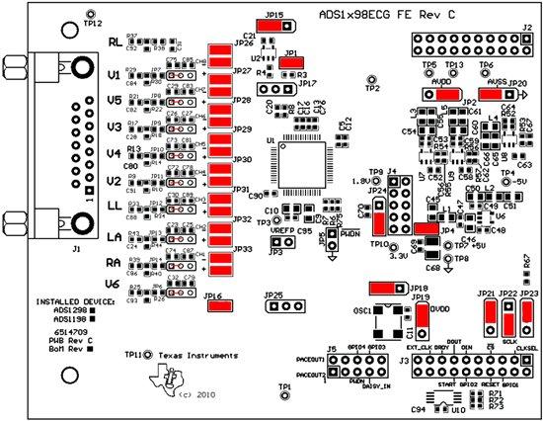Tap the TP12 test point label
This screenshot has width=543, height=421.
coord(91,23)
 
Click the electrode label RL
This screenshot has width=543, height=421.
coord(115,43)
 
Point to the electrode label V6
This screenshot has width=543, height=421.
coord(115,285)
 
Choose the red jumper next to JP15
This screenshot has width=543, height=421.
coord(273,29)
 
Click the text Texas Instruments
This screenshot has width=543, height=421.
coord(195,354)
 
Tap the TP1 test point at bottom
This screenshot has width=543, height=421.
coord(283,394)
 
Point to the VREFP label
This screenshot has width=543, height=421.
coord(282,230)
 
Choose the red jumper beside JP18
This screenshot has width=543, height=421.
coord(382,287)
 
